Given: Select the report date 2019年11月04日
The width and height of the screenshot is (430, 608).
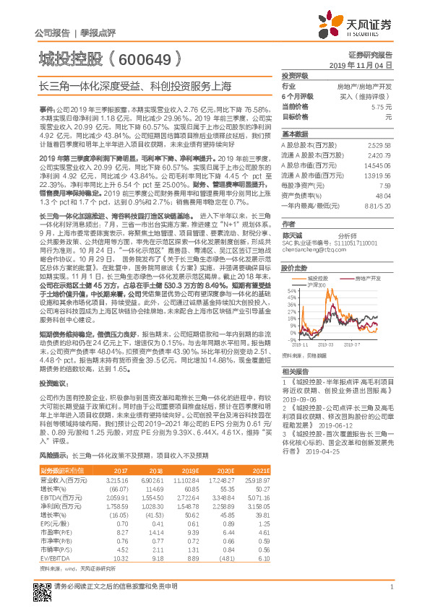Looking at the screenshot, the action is pos(366,64).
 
